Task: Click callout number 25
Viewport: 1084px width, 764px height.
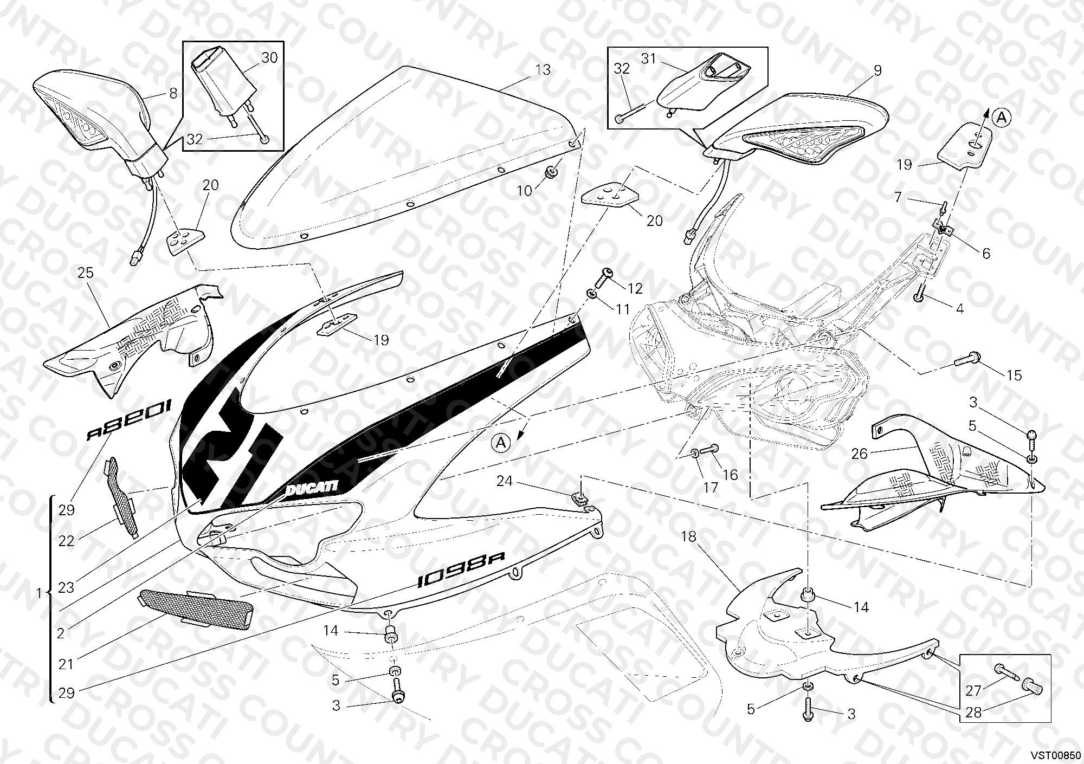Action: pos(86,273)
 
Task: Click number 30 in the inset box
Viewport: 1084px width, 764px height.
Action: pos(269,58)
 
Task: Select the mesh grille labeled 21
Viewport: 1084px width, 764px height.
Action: pos(196,610)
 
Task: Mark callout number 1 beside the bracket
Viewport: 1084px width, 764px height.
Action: pos(38,594)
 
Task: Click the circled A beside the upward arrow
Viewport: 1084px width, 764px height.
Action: pos(1002,118)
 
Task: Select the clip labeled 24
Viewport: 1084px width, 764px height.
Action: pos(580,497)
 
